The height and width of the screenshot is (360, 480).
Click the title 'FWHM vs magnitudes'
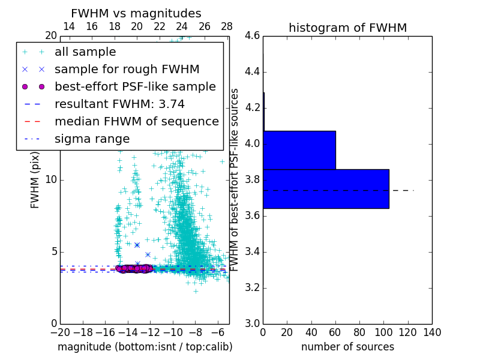136,14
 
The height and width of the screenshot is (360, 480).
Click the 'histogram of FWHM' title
347,28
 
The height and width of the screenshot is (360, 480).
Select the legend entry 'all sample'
85,52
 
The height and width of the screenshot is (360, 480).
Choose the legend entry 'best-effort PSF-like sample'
135,86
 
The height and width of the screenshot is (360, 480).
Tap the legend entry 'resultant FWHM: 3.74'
119,104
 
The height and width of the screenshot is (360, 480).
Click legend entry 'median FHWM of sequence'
136,121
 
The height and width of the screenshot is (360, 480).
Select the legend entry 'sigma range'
92,139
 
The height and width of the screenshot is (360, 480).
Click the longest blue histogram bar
326,188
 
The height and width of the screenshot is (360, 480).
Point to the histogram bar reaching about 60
299,150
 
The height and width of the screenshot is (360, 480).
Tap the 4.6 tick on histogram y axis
253,36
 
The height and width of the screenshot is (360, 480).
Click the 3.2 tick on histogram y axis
253,287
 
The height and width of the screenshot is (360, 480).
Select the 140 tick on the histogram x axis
432,332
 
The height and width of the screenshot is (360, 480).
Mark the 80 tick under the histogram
359,332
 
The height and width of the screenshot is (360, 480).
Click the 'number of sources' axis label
347,347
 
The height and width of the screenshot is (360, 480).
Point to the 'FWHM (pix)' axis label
35,179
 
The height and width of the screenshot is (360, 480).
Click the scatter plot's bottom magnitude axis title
145,347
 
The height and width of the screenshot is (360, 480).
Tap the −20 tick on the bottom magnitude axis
60,332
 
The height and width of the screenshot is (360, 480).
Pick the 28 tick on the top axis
227,27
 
